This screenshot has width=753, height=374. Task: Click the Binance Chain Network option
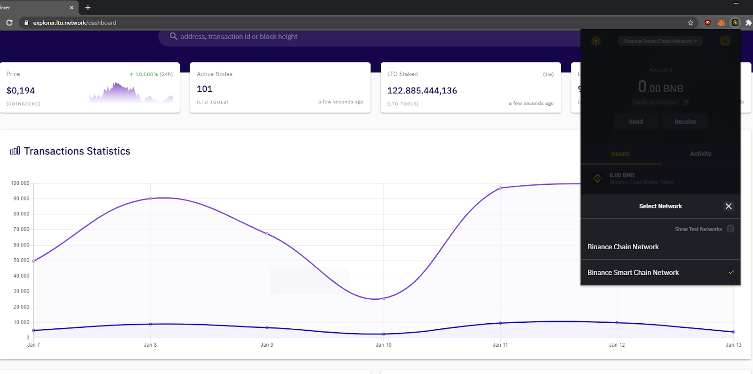coord(623,247)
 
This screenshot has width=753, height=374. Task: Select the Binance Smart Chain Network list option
coord(633,273)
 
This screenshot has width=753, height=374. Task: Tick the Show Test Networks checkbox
coord(730,229)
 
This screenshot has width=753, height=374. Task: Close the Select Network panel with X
coord(729,206)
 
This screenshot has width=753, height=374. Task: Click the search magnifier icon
coord(173,36)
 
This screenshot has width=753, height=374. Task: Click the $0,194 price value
coord(21,90)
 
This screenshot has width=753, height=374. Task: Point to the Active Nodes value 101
coord(205,89)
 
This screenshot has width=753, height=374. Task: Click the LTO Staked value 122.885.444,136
coord(422,90)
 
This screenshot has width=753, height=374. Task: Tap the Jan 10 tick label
coord(384,345)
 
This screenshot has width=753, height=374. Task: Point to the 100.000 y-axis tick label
coord(20,183)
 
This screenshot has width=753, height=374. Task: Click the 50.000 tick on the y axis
coord(21,260)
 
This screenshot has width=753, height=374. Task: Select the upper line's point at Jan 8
coord(151,199)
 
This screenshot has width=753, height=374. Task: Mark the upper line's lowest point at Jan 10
coord(384,298)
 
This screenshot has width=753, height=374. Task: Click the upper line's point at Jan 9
coord(267,234)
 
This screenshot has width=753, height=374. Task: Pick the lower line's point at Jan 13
coord(733,332)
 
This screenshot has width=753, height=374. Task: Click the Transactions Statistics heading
coord(77,151)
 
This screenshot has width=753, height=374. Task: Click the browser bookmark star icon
coord(690,23)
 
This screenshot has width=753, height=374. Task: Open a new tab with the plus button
coord(88,8)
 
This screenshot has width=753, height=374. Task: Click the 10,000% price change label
coord(146,74)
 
